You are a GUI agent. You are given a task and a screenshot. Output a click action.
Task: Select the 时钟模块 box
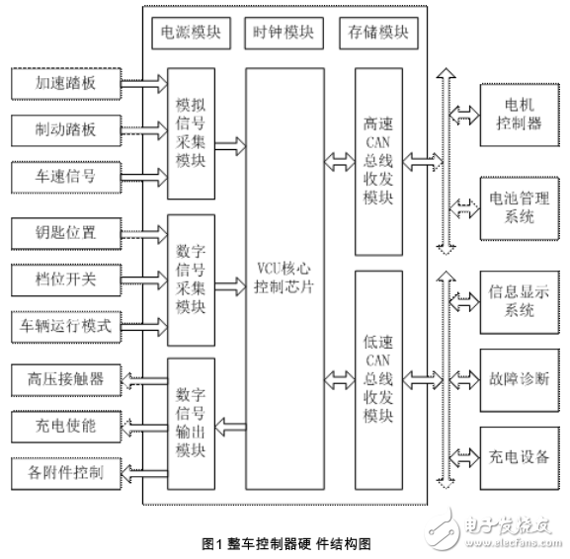(x=283, y=33)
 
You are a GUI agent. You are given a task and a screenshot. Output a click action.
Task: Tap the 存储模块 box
(x=377, y=33)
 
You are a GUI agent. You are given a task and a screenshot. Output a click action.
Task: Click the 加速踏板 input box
(x=64, y=83)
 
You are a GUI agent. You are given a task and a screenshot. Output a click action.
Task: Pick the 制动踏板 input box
(x=64, y=128)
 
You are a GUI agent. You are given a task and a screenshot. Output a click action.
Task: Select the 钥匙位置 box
(x=64, y=234)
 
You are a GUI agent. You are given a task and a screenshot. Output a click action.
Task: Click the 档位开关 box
(x=64, y=279)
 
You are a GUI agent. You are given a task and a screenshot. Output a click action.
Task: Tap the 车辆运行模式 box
(x=64, y=324)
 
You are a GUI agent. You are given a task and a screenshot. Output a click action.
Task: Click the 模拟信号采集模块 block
(x=191, y=133)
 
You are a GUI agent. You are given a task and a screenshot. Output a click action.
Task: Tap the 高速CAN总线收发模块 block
(x=378, y=158)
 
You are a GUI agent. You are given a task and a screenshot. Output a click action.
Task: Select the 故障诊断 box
(x=511, y=378)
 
